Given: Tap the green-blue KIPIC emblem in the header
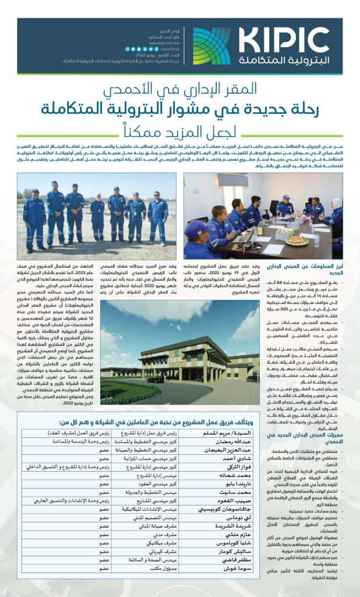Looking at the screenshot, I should (211, 46).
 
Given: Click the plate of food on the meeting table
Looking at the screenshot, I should (297, 240).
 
